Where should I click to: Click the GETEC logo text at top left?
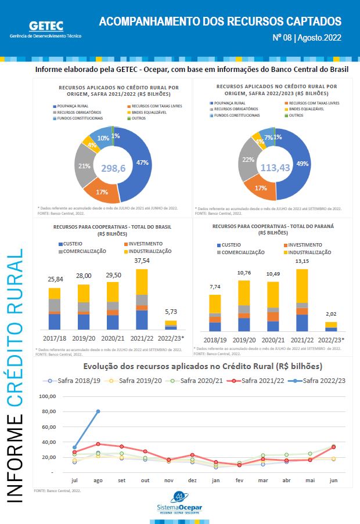click(46, 26)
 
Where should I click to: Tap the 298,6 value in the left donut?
click(113, 168)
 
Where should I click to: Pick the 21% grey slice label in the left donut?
click(84, 167)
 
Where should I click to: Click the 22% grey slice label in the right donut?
click(248, 160)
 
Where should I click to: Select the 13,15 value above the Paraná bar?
click(301, 261)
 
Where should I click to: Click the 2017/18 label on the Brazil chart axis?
click(55, 337)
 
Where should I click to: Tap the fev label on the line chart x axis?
click(239, 480)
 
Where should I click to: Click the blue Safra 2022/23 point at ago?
click(98, 411)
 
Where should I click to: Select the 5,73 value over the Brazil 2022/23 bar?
click(171, 312)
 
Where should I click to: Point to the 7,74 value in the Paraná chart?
click(215, 287)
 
